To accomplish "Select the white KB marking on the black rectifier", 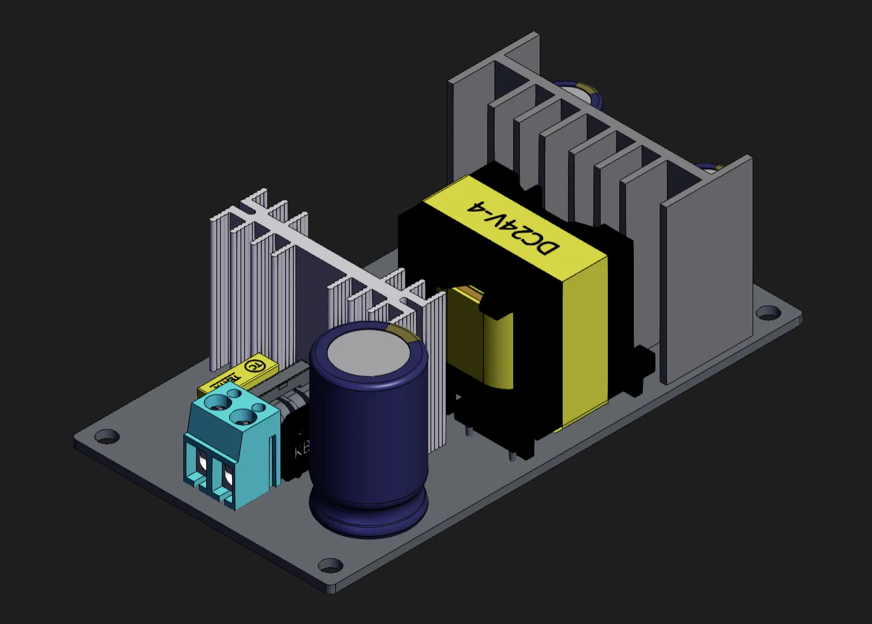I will pos(302,449).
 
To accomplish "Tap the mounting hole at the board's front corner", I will pos(330,566).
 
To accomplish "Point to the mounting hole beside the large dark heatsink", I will pos(768,313).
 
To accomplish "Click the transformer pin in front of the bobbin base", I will pos(512,455).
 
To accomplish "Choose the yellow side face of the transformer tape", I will pos(584,343).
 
